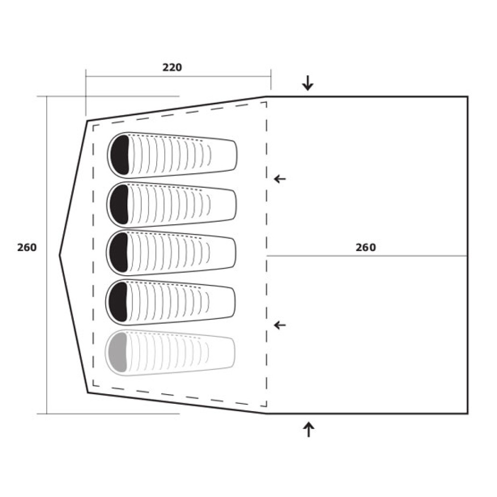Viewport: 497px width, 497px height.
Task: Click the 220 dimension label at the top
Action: click(x=172, y=67)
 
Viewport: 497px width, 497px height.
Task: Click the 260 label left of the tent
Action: click(x=27, y=247)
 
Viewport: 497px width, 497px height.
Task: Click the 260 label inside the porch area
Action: click(x=365, y=247)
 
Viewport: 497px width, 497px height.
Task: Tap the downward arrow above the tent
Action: click(x=307, y=83)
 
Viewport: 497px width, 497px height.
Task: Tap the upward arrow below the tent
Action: click(x=309, y=430)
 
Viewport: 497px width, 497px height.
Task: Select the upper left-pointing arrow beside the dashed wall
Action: click(x=280, y=179)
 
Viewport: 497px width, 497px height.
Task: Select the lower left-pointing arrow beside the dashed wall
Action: click(x=280, y=325)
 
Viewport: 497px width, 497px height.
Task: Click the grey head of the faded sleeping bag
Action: click(x=117, y=352)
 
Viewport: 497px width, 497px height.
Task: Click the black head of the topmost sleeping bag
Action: click(x=120, y=155)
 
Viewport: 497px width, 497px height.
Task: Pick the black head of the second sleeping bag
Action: click(x=119, y=204)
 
